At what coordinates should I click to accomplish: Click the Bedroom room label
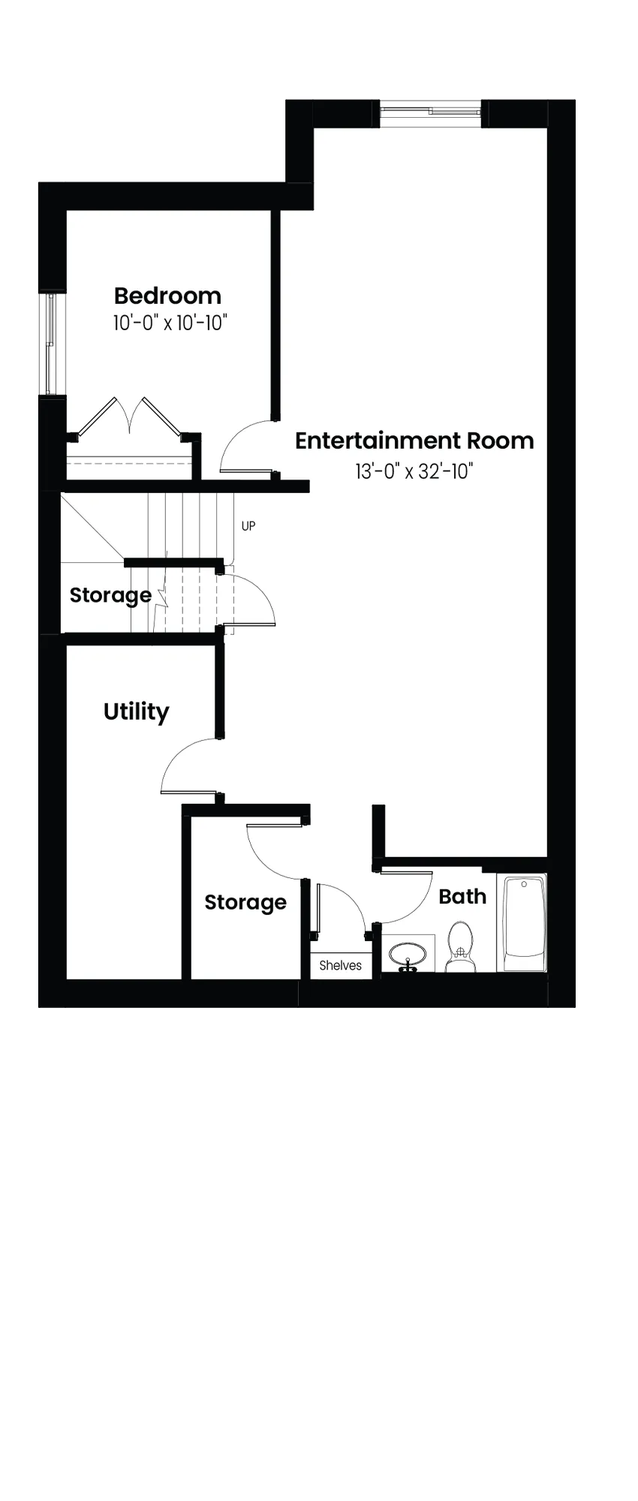(x=167, y=295)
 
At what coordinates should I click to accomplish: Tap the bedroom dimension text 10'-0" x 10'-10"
(x=170, y=323)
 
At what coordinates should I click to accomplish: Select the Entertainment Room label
(x=414, y=440)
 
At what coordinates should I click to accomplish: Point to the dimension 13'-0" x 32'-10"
(x=414, y=471)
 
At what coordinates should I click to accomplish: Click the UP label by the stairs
(x=248, y=526)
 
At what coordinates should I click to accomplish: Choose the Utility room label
(x=136, y=711)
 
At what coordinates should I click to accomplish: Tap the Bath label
(x=462, y=896)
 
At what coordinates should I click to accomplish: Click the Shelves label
(x=340, y=966)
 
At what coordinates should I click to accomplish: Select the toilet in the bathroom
(x=459, y=946)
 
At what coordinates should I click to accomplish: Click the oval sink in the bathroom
(x=408, y=955)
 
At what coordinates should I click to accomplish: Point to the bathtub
(x=524, y=922)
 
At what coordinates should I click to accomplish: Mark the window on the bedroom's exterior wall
(x=50, y=344)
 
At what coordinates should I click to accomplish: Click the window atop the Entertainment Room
(x=430, y=112)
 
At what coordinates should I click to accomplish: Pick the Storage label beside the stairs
(x=110, y=595)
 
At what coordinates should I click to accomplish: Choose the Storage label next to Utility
(x=245, y=902)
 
